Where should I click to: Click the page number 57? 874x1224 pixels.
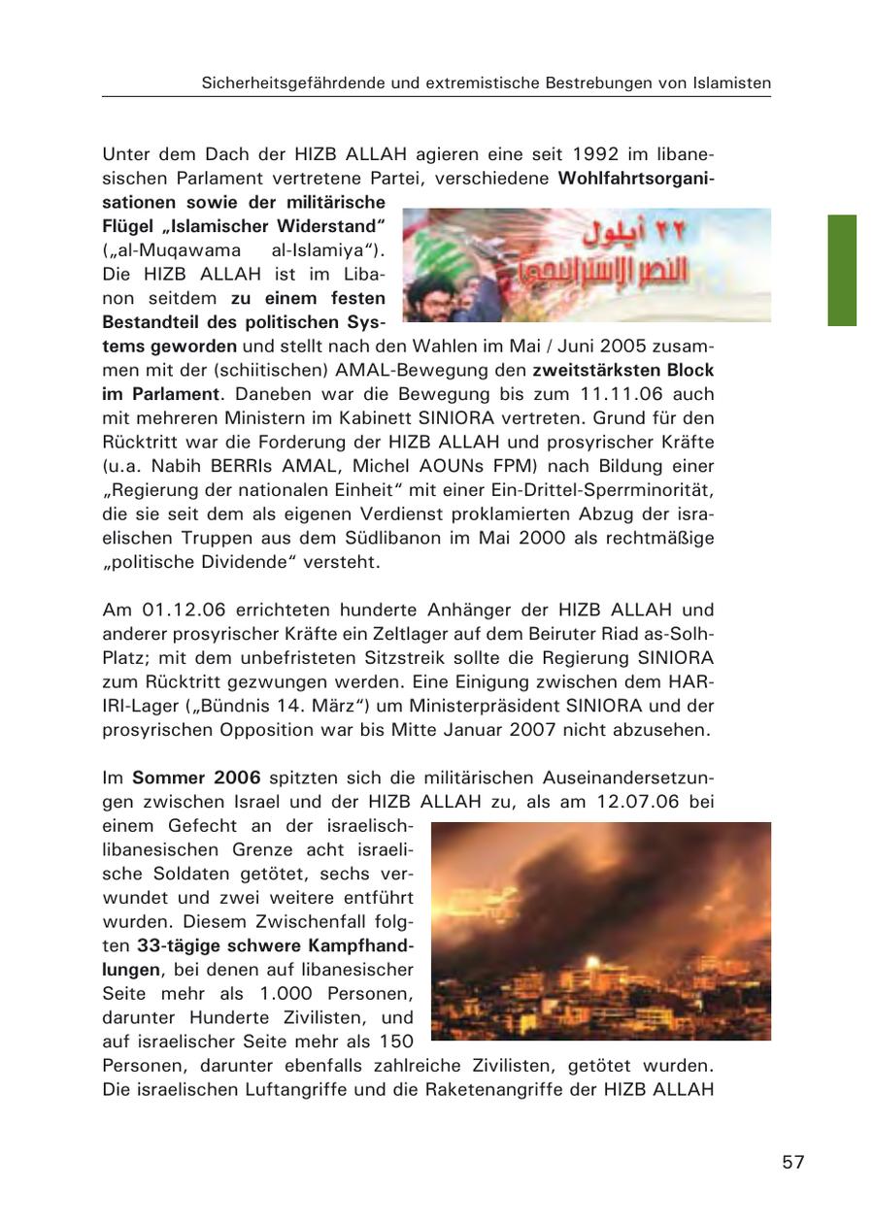click(793, 1162)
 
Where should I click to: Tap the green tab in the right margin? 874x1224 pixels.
click(842, 270)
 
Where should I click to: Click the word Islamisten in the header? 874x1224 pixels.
click(732, 83)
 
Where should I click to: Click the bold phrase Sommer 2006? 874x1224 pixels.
click(197, 777)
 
